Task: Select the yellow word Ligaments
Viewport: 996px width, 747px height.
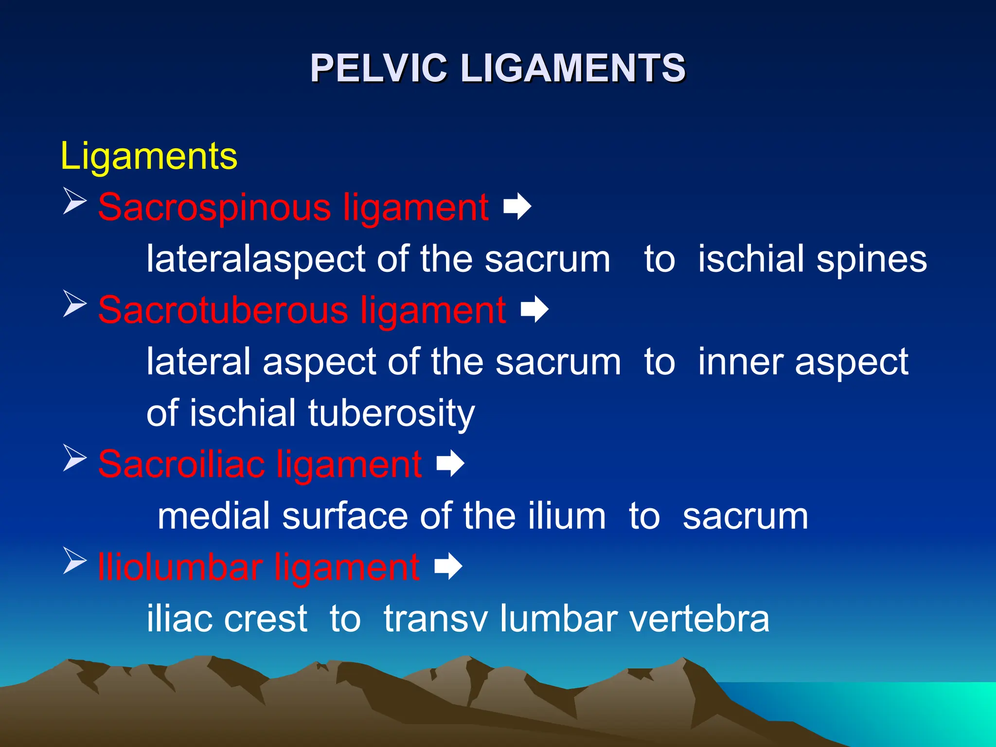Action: (x=149, y=157)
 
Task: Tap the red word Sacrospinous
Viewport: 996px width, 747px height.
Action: (x=214, y=208)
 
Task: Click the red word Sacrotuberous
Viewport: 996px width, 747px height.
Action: (x=223, y=311)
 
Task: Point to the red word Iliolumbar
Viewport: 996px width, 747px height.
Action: (x=179, y=568)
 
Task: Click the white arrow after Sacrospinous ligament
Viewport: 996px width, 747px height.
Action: (x=517, y=207)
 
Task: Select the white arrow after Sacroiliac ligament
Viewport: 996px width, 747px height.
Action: (x=450, y=463)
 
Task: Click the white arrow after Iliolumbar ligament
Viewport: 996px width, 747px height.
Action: (x=448, y=566)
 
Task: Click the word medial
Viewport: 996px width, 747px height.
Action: (x=213, y=516)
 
